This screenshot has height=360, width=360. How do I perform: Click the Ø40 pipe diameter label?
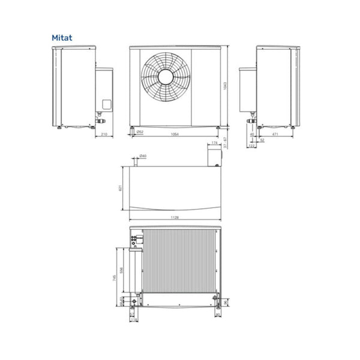(x=142, y=157)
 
